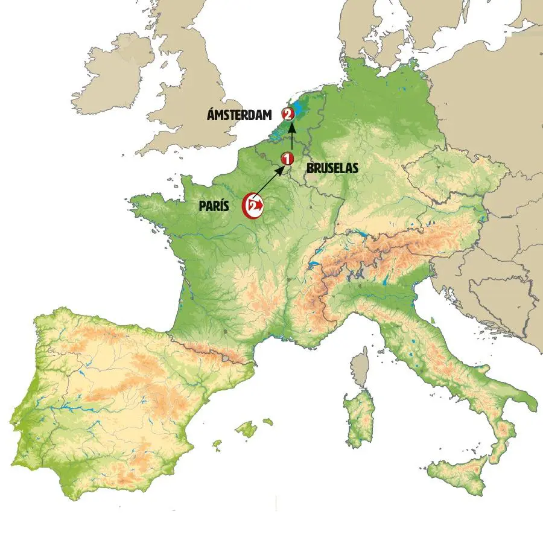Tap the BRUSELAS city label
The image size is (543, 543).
(x=332, y=170)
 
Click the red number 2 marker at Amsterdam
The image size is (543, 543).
(x=287, y=113)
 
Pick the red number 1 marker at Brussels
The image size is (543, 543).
(x=287, y=159)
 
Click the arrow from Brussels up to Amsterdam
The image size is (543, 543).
(x=292, y=136)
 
